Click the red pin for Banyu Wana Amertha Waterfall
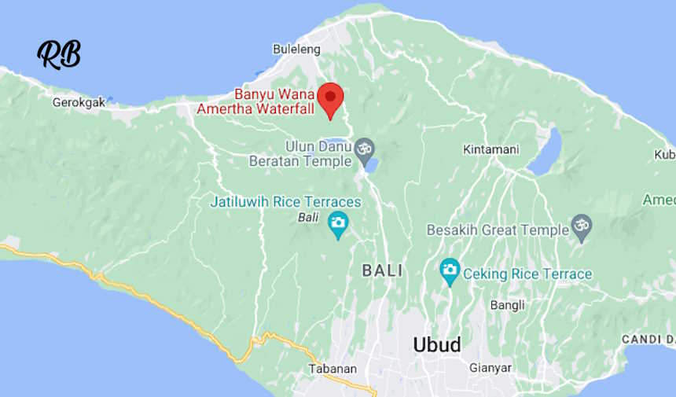[331, 98]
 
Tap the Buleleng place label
[296, 50]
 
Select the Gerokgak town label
[79, 102]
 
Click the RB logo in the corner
[59, 54]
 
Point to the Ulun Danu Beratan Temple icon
[363, 148]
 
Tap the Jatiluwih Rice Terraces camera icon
[338, 222]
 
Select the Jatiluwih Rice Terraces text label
[285, 202]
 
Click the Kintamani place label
[491, 149]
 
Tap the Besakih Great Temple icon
[582, 226]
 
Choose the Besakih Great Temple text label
[497, 230]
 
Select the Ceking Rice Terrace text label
[527, 274]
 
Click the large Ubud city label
[437, 345]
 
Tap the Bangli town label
[507, 305]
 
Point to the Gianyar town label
[490, 368]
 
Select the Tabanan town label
[332, 369]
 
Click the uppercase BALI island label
[382, 270]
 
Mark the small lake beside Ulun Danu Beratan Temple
[370, 165]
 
